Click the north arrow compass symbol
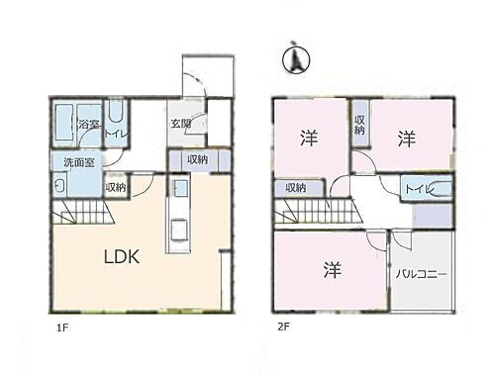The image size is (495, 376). coord(294,59)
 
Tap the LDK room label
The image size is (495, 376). coord(123,256)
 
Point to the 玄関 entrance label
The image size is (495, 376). coord(180,125)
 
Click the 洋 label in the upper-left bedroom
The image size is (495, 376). coord(310,140)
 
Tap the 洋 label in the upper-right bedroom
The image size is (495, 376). coord(406,140)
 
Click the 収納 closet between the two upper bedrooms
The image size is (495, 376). coord(358,125)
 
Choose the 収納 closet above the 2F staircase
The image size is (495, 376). coord(295,187)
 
